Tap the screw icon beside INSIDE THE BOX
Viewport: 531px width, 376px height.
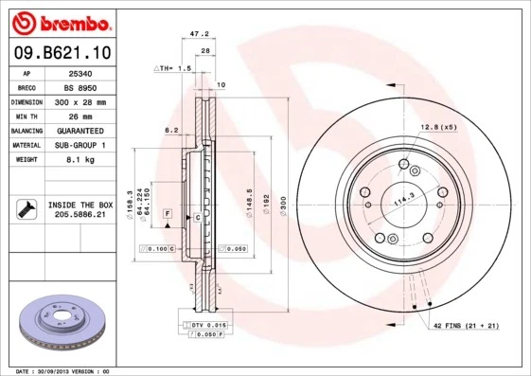25,209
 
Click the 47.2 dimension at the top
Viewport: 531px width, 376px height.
199,33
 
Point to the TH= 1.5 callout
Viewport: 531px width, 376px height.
174,69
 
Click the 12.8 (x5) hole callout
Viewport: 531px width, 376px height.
437,127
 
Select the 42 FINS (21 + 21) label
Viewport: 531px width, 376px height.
466,326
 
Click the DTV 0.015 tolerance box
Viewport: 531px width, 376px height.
205,325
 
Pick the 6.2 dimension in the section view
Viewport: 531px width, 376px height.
172,130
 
